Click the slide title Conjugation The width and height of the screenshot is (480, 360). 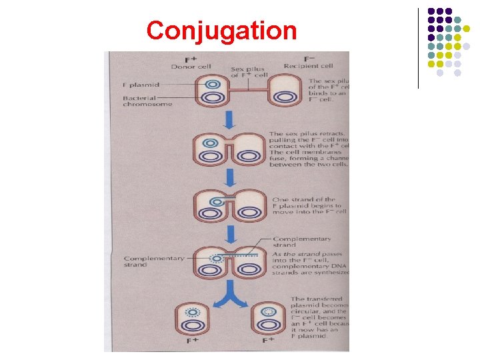(221, 31)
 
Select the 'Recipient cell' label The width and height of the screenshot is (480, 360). (308, 67)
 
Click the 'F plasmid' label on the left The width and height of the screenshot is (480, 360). (139, 85)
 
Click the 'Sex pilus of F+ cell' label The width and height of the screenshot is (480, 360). (249, 72)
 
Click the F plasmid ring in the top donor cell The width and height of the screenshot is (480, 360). (212, 85)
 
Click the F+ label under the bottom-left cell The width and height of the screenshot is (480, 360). (194, 340)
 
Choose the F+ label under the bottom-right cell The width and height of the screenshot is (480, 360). (269, 340)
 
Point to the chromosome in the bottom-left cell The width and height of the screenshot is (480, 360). (194, 326)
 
